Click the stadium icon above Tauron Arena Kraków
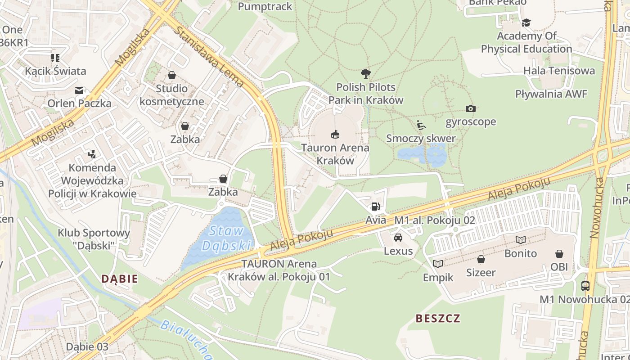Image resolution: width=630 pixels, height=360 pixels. pyautogui.click(x=335, y=134)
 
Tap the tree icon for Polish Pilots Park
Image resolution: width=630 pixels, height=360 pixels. pyautogui.click(x=366, y=73)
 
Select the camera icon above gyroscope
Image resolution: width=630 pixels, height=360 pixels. pyautogui.click(x=471, y=108)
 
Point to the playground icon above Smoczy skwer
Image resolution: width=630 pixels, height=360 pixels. pyautogui.click(x=421, y=125)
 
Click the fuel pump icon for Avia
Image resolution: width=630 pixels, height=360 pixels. pyautogui.click(x=375, y=207)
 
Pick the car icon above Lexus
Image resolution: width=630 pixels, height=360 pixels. pyautogui.click(x=398, y=237)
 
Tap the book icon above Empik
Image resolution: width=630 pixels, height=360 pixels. pyautogui.click(x=438, y=264)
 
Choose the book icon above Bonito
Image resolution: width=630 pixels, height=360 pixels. pyautogui.click(x=521, y=240)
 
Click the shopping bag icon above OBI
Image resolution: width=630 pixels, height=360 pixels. pyautogui.click(x=559, y=254)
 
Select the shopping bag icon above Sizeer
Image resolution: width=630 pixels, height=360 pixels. pyautogui.click(x=481, y=259)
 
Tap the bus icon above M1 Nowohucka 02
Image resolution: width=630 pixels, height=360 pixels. pyautogui.click(x=585, y=286)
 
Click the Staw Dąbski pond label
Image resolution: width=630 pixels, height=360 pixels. pyautogui.click(x=226, y=238)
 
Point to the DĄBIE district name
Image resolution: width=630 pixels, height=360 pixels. pyautogui.click(x=120, y=279)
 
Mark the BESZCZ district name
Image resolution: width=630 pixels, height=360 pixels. pyautogui.click(x=438, y=319)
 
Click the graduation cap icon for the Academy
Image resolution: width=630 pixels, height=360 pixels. pyautogui.click(x=526, y=22)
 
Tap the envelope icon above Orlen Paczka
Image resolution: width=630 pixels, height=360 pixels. pyautogui.click(x=80, y=90)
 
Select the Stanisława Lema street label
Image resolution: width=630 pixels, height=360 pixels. pyautogui.click(x=209, y=56)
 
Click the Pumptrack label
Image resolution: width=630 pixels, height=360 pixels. pyautogui.click(x=265, y=6)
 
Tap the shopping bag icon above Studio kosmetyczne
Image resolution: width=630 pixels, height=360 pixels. pyautogui.click(x=171, y=75)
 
